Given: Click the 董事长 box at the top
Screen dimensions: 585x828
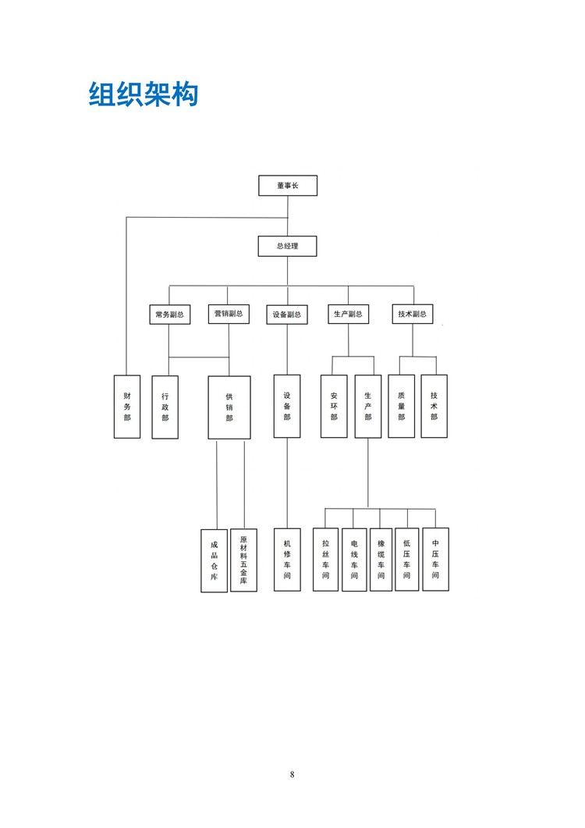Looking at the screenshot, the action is click(x=288, y=186).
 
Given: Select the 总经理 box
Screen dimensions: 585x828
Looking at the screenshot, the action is click(x=287, y=246).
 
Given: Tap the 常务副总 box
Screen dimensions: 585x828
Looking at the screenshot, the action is click(x=169, y=314).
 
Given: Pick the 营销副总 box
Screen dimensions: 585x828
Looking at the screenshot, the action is click(x=229, y=314).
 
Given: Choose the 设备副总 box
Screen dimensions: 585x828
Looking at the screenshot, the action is click(x=287, y=314).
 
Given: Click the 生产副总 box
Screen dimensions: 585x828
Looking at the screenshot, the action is click(x=348, y=314).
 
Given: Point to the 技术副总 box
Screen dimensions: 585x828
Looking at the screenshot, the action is click(x=413, y=314).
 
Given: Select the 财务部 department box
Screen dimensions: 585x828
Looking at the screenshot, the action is click(x=127, y=407).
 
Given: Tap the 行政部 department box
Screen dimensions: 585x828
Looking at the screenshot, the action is click(x=165, y=407).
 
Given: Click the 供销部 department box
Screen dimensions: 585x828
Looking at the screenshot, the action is click(x=229, y=407).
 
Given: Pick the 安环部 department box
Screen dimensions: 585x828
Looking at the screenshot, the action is click(x=334, y=406).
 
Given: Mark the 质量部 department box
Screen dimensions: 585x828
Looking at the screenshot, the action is click(x=401, y=406).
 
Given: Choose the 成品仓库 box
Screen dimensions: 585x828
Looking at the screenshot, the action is click(x=214, y=561).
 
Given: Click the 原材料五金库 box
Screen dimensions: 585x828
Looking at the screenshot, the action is click(x=243, y=560).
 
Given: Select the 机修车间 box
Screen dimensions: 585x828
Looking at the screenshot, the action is click(x=287, y=560).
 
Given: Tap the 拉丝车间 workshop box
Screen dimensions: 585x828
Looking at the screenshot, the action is click(x=326, y=560).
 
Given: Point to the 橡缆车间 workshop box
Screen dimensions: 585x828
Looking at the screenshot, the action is click(x=381, y=560).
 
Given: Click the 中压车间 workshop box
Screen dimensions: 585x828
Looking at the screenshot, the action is click(x=435, y=560).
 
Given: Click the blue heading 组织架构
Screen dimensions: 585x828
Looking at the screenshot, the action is click(x=144, y=95).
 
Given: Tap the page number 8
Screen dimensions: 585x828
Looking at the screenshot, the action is click(x=292, y=775).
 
